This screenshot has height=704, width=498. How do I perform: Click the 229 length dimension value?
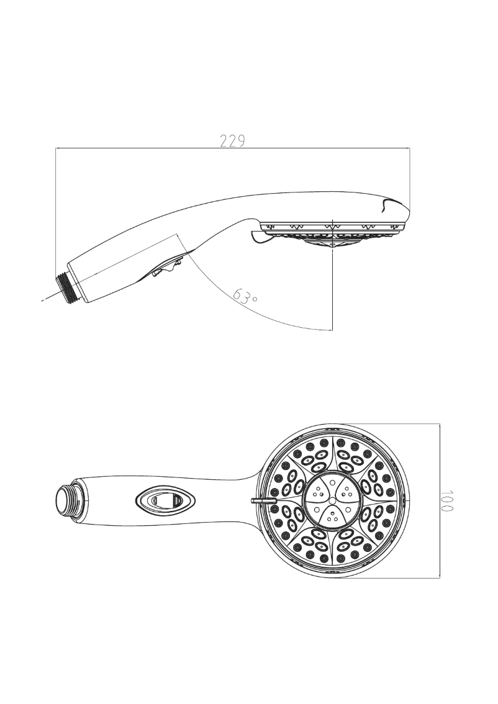233,140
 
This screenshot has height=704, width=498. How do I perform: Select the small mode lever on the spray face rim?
260,499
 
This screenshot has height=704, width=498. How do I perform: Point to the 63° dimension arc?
279,317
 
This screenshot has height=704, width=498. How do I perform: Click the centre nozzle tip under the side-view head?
333,245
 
